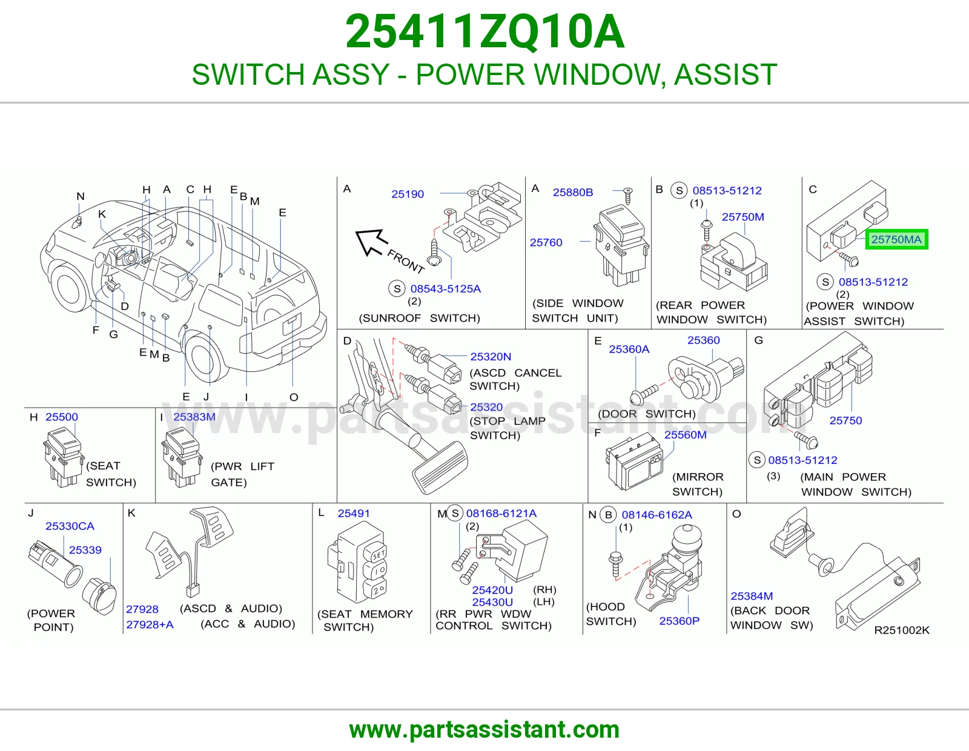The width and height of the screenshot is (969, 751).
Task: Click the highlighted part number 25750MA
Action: tap(896, 239)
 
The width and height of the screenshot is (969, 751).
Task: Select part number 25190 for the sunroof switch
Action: tap(408, 194)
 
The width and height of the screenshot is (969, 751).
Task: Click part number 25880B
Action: tap(572, 192)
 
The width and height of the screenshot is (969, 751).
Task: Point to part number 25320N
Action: tap(491, 357)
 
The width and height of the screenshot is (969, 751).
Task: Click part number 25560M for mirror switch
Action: tap(686, 435)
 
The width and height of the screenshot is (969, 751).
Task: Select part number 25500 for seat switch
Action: tap(62, 417)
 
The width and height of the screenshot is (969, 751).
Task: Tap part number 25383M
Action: tap(194, 417)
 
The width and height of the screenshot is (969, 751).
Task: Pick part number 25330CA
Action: tap(70, 526)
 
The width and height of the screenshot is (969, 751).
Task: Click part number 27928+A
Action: tap(150, 625)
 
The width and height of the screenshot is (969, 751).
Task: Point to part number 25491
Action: tap(354, 514)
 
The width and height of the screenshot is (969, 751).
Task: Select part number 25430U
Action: tap(492, 602)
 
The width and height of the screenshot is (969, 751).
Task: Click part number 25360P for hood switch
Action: tap(679, 621)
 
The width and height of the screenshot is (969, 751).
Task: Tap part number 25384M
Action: tap(752, 596)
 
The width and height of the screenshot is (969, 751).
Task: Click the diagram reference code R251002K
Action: tap(902, 630)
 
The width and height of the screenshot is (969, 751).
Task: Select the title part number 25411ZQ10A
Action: tap(484, 31)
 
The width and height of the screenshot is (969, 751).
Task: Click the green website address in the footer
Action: tap(484, 730)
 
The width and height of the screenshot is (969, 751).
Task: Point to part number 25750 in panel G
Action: tap(845, 420)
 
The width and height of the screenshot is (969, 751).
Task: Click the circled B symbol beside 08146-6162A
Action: tap(608, 515)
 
